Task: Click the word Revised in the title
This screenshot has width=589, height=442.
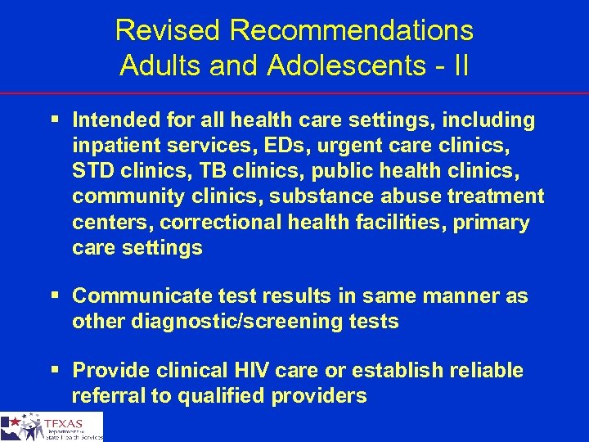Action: click(169, 30)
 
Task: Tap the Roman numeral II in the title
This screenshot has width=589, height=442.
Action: click(460, 65)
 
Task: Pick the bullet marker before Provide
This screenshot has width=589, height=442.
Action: click(55, 370)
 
